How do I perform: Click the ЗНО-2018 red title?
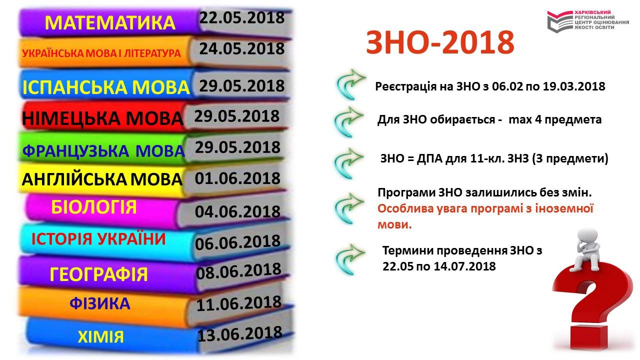click(x=440, y=42)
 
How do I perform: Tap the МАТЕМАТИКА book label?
click(x=110, y=23)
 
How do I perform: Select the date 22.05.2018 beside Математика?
click(x=241, y=17)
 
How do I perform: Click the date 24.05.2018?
click(x=241, y=48)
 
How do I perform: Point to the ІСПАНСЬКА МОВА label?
click(x=106, y=87)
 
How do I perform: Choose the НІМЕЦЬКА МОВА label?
click(x=103, y=118)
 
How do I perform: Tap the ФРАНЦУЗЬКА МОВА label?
click(x=103, y=151)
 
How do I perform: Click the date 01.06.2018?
click(x=237, y=178)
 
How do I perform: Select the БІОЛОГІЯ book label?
click(x=94, y=207)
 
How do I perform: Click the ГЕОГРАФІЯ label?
click(x=98, y=274)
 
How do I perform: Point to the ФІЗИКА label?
click(x=100, y=303)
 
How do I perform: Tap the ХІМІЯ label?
click(x=101, y=337)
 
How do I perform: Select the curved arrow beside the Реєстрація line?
click(x=350, y=84)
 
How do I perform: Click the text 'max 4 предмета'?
click(x=555, y=119)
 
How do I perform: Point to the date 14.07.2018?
click(x=465, y=266)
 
